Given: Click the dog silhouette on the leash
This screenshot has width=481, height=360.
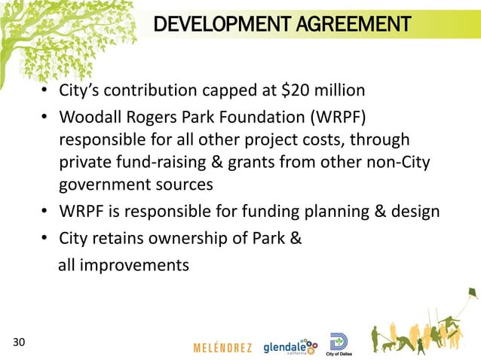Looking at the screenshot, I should [x=387, y=344].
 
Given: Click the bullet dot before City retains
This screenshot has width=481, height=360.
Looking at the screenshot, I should [x=45, y=240].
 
